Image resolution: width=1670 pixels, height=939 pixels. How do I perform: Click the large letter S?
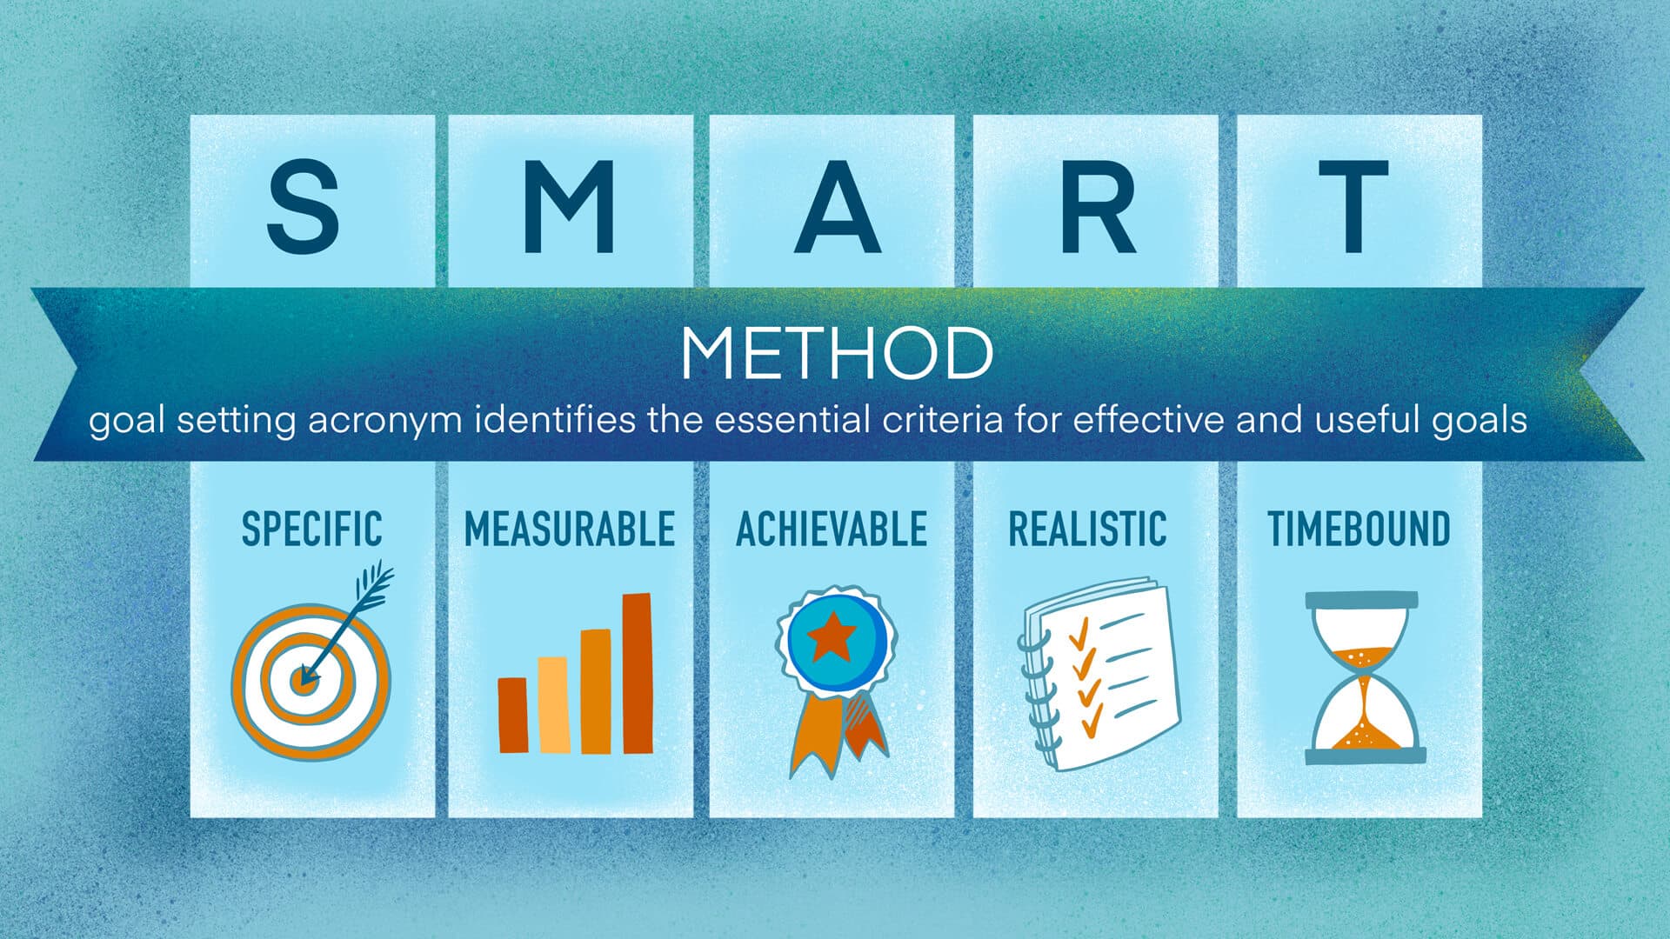303,206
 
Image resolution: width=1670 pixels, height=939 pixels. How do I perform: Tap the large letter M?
570,206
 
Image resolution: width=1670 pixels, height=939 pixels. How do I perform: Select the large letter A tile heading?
835,206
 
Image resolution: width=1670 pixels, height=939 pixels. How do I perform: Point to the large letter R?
1098,206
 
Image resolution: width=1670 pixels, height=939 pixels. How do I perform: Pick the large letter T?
1353,206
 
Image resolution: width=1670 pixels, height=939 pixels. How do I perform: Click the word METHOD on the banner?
836,353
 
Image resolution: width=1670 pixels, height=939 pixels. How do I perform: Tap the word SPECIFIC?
311,529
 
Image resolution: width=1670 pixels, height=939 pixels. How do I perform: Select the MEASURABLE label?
570,529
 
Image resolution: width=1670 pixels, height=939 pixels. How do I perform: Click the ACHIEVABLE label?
832,529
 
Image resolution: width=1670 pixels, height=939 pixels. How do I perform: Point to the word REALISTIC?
1087,529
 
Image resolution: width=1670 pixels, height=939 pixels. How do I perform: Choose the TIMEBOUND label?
1359,529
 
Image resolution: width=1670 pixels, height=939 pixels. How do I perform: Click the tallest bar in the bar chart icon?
638,673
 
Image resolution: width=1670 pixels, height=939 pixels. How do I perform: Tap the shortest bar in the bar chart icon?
512,715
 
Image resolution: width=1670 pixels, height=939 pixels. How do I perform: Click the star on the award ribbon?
832,637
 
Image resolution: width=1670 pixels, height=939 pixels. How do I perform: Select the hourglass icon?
1364,678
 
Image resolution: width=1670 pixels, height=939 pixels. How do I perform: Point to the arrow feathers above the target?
374,584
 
